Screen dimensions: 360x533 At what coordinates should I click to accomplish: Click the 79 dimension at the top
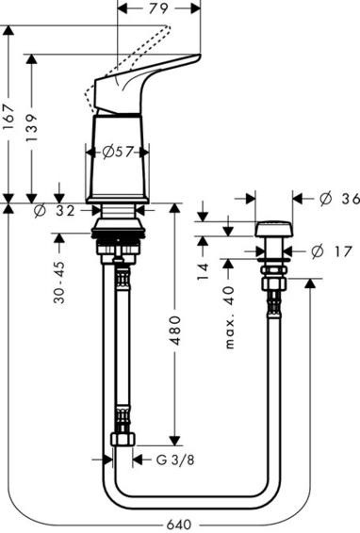click(158, 8)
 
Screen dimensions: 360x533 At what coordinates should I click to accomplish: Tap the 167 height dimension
click(8, 117)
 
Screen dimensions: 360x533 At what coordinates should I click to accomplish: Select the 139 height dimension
click(32, 128)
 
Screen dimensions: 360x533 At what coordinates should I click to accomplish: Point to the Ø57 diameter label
click(118, 152)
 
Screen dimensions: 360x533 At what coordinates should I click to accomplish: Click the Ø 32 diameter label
click(55, 211)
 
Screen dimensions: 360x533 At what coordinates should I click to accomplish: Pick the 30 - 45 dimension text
click(59, 283)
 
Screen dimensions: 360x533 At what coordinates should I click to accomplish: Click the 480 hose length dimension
click(175, 331)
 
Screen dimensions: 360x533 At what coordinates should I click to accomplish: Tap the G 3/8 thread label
click(175, 460)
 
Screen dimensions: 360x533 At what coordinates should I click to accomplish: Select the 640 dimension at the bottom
click(179, 525)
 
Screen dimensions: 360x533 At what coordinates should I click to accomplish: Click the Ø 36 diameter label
click(339, 199)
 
